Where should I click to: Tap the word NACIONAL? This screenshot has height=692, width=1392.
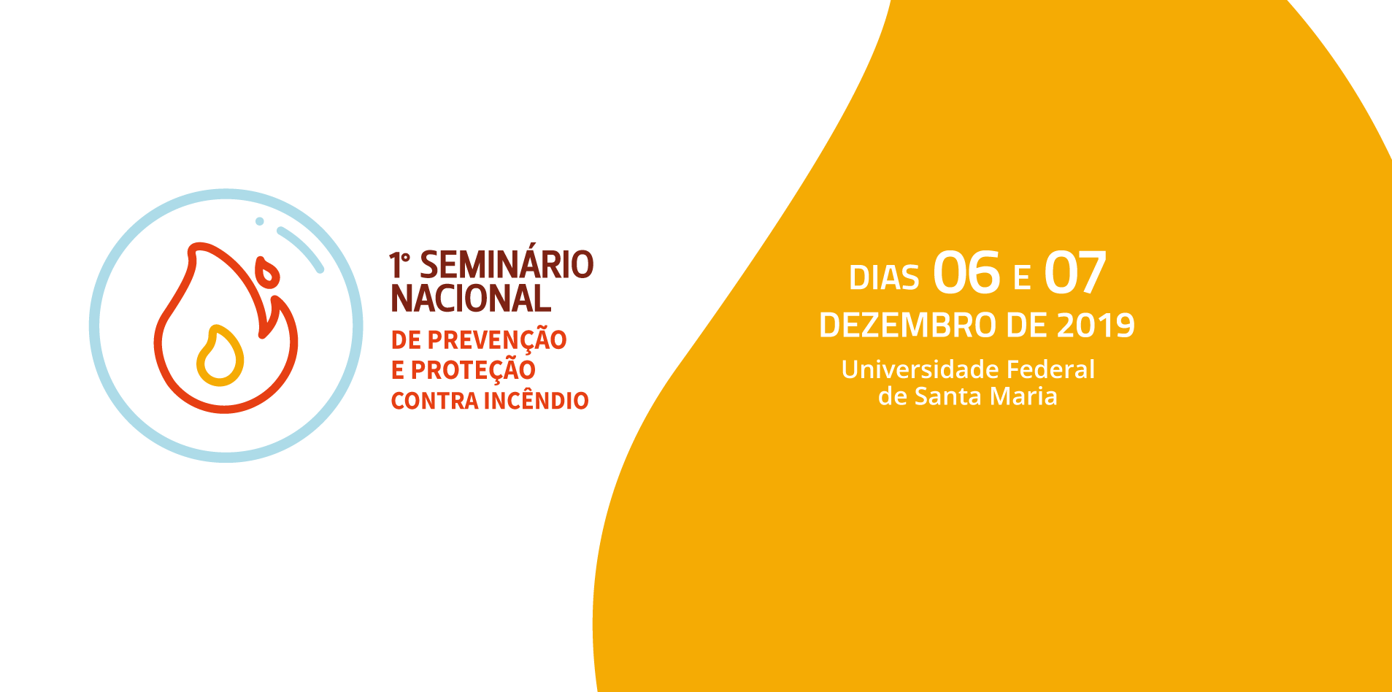471,298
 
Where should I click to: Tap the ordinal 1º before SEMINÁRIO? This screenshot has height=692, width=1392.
399,265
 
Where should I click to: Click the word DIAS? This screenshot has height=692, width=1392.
884,278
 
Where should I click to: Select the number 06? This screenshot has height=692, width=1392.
966,272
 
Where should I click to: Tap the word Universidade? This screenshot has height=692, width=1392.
920,369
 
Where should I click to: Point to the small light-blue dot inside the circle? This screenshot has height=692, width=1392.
259,221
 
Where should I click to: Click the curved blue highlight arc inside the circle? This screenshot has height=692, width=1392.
302,247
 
